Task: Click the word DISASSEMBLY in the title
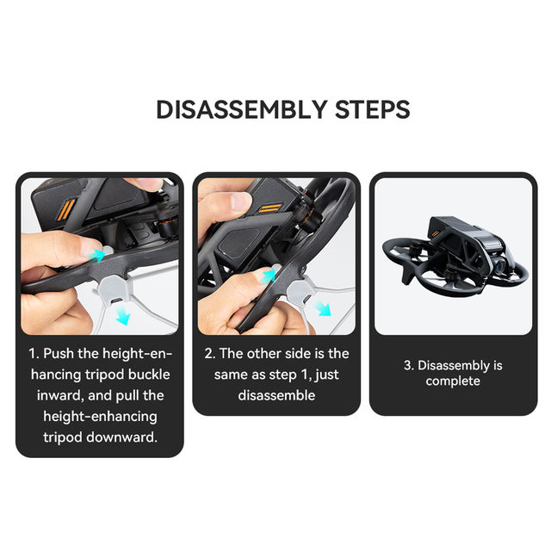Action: pyautogui.click(x=242, y=109)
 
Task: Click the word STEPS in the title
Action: pyautogui.click(x=373, y=109)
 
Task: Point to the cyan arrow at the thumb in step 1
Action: pyautogui.click(x=97, y=255)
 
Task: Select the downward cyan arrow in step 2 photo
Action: pyautogui.click(x=323, y=308)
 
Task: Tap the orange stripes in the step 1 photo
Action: pyautogui.click(x=66, y=210)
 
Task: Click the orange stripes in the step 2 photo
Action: pyautogui.click(x=269, y=208)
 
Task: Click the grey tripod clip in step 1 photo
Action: pyautogui.click(x=113, y=290)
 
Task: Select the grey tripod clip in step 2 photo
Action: pyautogui.click(x=300, y=293)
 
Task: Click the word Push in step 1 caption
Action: pyautogui.click(x=59, y=354)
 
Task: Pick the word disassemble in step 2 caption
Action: pyautogui.click(x=276, y=395)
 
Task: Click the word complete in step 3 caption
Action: pyautogui.click(x=453, y=381)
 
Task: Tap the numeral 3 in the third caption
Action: pyautogui.click(x=407, y=365)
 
